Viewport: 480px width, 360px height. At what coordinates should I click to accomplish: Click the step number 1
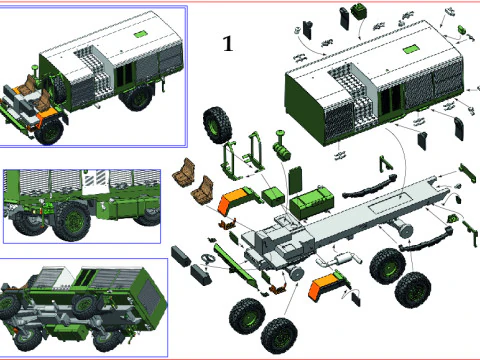(x=228, y=44)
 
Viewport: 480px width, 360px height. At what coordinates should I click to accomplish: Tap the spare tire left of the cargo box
(x=217, y=126)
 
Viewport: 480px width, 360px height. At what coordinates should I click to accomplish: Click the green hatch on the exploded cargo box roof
(x=410, y=50)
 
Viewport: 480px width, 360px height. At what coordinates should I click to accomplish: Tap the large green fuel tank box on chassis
(x=312, y=200)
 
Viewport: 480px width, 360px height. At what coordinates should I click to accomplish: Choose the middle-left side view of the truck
(x=82, y=205)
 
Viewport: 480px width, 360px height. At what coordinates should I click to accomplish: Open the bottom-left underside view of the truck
(x=82, y=305)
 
